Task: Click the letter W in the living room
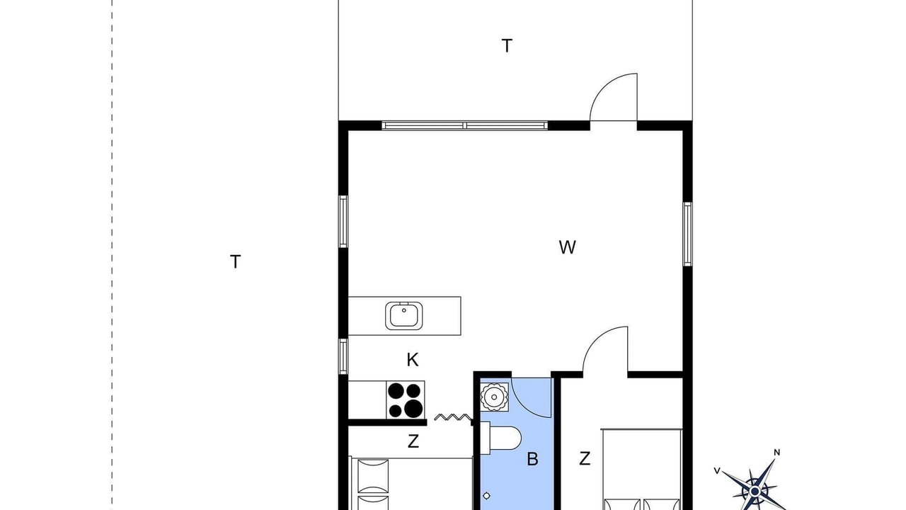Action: click(567, 247)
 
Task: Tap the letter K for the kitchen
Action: click(413, 360)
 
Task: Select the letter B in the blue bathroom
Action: click(533, 459)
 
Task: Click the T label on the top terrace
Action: click(507, 46)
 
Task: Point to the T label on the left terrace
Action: click(236, 262)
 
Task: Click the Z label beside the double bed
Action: click(585, 458)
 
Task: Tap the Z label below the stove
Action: click(413, 441)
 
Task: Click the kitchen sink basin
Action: click(404, 316)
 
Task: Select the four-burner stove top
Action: click(406, 400)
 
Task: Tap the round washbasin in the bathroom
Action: click(494, 397)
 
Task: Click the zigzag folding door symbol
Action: click(452, 417)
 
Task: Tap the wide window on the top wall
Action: click(465, 125)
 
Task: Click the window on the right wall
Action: click(687, 234)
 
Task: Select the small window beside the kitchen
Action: click(343, 356)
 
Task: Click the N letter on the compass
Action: click(776, 453)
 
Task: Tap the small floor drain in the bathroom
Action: click(486, 496)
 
